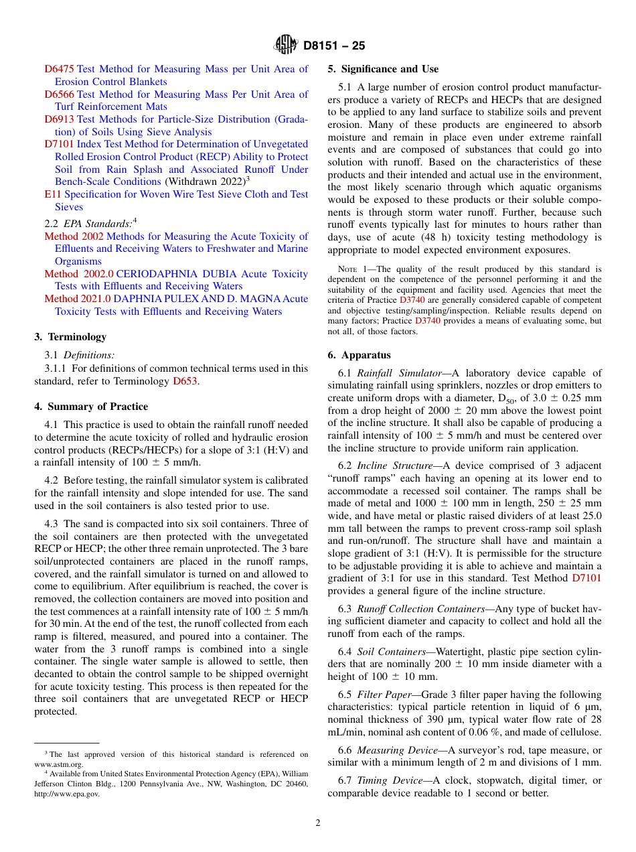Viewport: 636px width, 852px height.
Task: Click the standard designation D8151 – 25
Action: [334, 46]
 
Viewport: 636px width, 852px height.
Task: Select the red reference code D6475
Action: [60, 69]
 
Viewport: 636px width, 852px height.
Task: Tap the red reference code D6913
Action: [60, 119]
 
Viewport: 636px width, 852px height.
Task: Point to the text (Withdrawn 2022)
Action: [204, 182]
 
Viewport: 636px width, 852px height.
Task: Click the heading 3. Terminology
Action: [70, 337]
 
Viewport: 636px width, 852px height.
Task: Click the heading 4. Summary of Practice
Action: [91, 407]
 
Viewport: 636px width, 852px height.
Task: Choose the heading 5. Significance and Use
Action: [383, 69]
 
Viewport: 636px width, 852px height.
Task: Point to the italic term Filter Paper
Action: [386, 695]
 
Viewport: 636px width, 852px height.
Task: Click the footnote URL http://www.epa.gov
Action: [67, 794]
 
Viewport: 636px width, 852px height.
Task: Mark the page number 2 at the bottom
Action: [317, 823]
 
